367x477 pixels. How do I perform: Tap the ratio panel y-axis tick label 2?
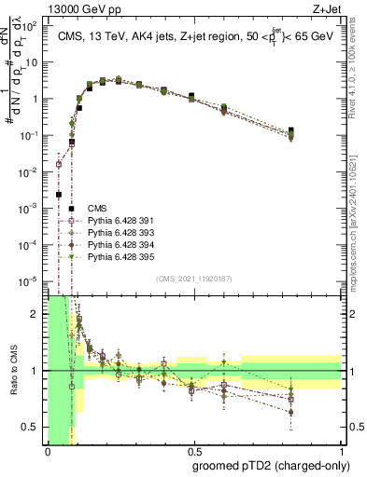pos(36,314)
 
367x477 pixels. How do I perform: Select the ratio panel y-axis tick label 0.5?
pos(32,428)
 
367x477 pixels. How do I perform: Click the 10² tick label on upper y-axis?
pos(31,26)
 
